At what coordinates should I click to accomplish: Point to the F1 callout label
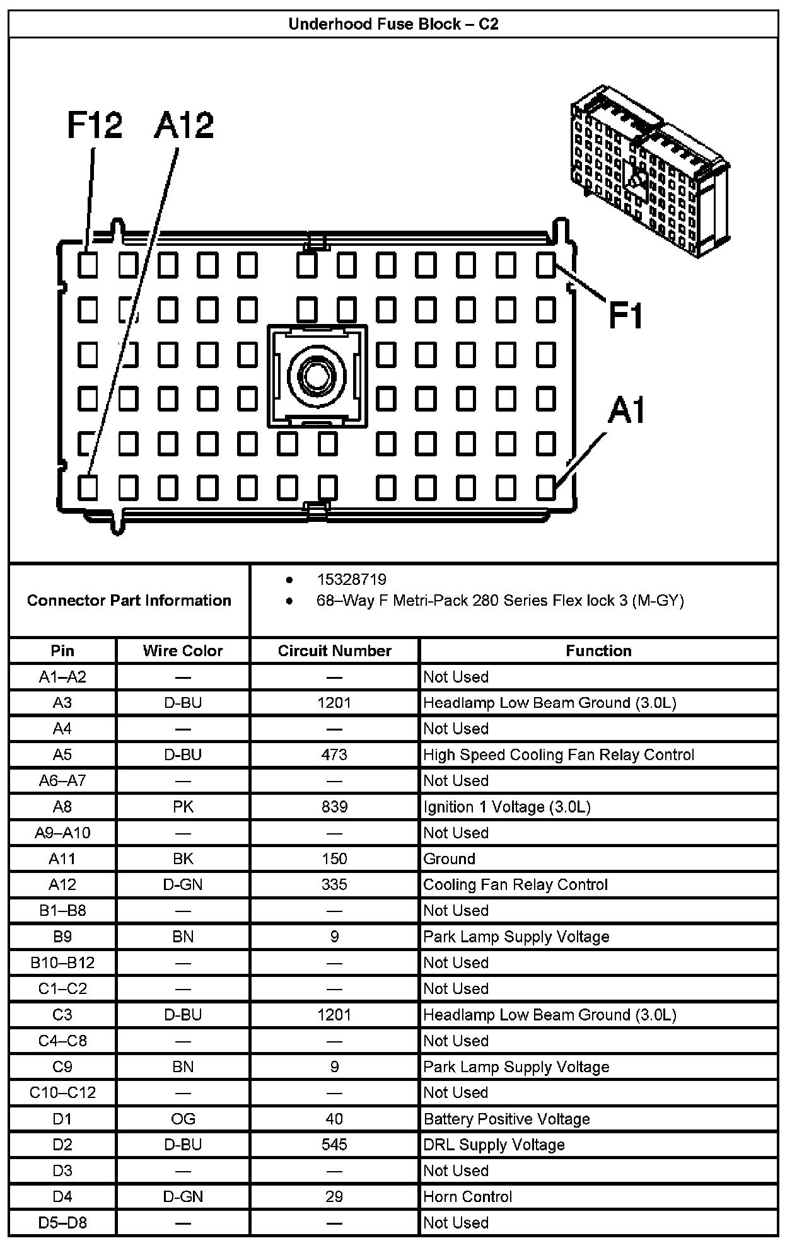coord(625,315)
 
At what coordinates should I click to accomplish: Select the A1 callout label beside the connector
coord(627,410)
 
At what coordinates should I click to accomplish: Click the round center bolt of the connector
coord(317,376)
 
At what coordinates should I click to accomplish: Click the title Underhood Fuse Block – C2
coord(393,24)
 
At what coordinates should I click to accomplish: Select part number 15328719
coord(351,579)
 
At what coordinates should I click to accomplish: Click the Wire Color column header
coord(183,650)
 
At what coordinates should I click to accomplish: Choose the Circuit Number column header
coord(334,650)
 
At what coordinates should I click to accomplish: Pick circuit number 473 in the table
coord(334,754)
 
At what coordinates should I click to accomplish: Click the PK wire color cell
coord(183,807)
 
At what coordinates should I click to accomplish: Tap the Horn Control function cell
coord(468,1196)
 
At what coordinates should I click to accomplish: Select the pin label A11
coord(62,858)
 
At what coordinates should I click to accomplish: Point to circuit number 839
coord(334,807)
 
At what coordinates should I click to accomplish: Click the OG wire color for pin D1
coord(183,1119)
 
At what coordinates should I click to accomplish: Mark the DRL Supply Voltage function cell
coord(494,1145)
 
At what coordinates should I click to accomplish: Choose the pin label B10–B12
coord(62,962)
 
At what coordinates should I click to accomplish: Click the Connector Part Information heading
coord(129,600)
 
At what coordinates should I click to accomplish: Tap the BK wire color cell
coord(183,858)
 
